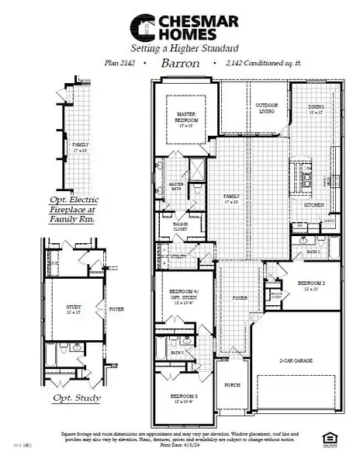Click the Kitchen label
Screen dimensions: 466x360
[x=313, y=205]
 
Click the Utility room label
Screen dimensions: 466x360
[x=178, y=256]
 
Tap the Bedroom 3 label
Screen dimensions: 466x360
[x=183, y=399]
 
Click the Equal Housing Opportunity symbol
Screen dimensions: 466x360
[x=334, y=444]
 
